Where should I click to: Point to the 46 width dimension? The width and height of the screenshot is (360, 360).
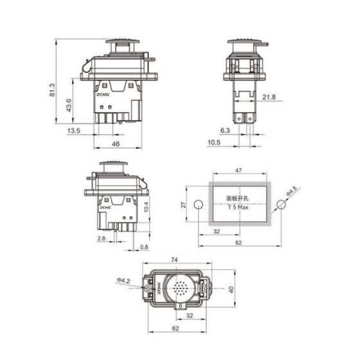(116, 144)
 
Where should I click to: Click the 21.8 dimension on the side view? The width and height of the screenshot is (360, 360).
(269, 97)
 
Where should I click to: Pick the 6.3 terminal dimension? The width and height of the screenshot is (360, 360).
(225, 130)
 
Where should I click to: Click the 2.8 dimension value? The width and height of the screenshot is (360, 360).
(102, 239)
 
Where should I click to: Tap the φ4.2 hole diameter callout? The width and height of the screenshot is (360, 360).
(124, 280)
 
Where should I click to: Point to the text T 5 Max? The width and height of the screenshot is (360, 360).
(239, 208)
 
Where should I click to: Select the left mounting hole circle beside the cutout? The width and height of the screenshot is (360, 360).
(198, 204)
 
